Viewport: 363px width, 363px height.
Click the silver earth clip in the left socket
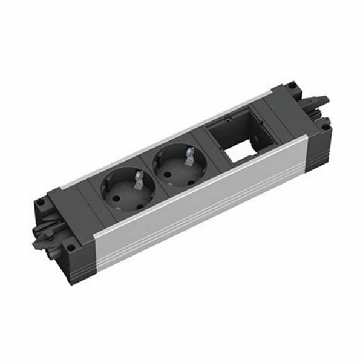(139, 178)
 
